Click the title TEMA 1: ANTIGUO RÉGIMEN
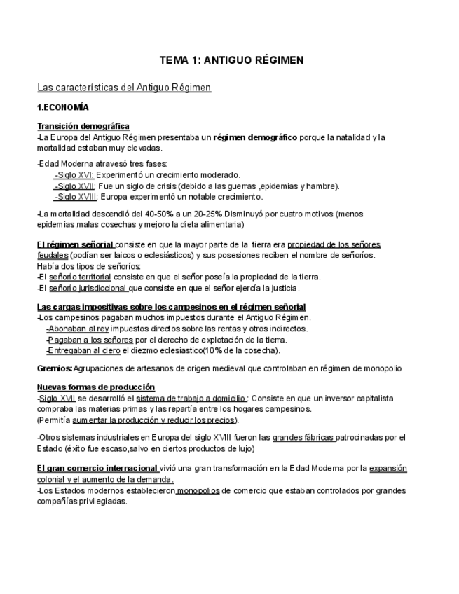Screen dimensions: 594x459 [x=231, y=60]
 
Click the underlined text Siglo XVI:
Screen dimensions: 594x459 [x=74, y=175]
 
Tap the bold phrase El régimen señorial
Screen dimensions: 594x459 [x=75, y=245]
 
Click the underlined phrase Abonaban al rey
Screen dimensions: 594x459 [x=77, y=329]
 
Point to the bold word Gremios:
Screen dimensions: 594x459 [x=54, y=368]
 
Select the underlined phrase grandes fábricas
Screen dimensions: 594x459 [x=303, y=438]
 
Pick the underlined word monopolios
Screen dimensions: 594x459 [x=198, y=490]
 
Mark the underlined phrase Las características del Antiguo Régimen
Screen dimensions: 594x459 [x=123, y=88]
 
